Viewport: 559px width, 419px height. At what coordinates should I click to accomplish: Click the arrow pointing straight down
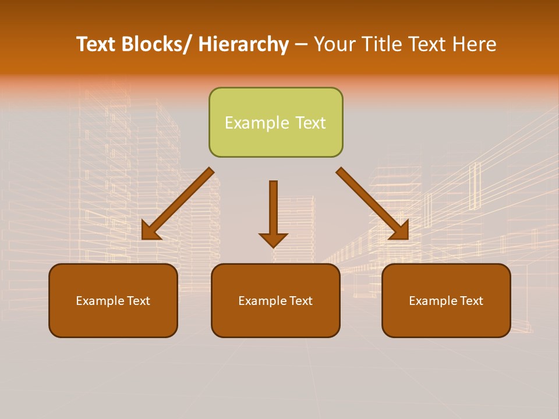pyautogui.click(x=273, y=210)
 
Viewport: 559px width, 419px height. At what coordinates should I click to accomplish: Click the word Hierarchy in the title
pyautogui.click(x=243, y=44)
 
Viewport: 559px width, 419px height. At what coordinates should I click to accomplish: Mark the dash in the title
pyautogui.click(x=301, y=45)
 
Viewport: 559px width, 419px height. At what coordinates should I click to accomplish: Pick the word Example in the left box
pyautogui.click(x=100, y=301)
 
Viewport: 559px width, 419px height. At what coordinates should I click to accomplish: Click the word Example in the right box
pyautogui.click(x=433, y=301)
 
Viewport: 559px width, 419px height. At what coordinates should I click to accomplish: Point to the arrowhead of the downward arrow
pyautogui.click(x=273, y=239)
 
